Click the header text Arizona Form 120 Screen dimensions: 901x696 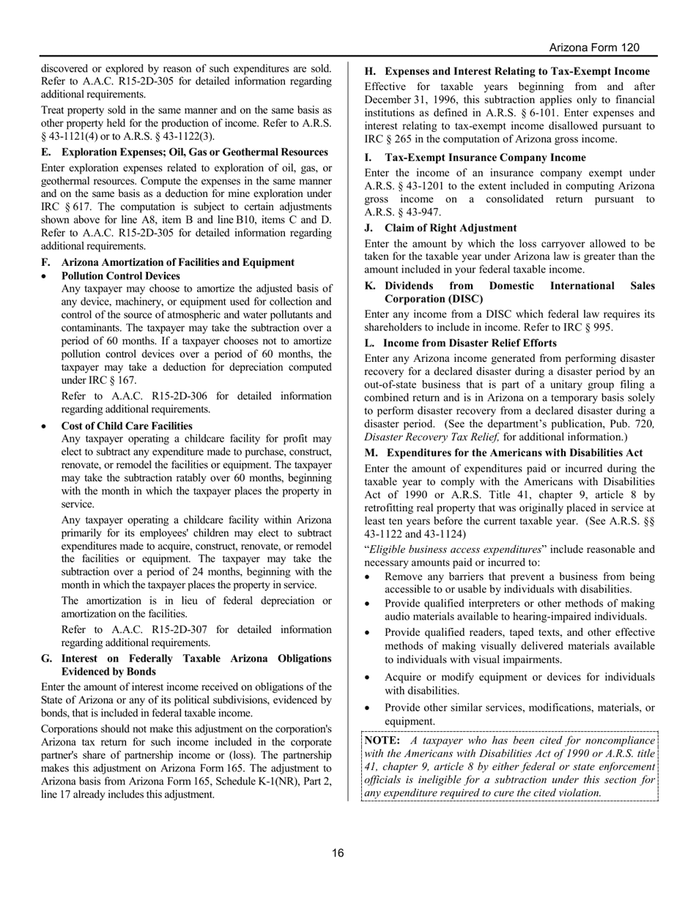(x=594, y=48)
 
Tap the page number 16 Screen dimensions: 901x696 (x=338, y=853)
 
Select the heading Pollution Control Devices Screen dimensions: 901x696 (x=121, y=276)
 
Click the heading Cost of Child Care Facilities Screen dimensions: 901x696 (x=127, y=426)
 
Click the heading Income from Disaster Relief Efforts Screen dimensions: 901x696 (x=470, y=343)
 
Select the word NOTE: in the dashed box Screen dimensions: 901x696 (x=382, y=740)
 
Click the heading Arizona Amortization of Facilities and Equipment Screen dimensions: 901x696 (x=178, y=262)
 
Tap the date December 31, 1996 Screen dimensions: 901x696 (x=408, y=100)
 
